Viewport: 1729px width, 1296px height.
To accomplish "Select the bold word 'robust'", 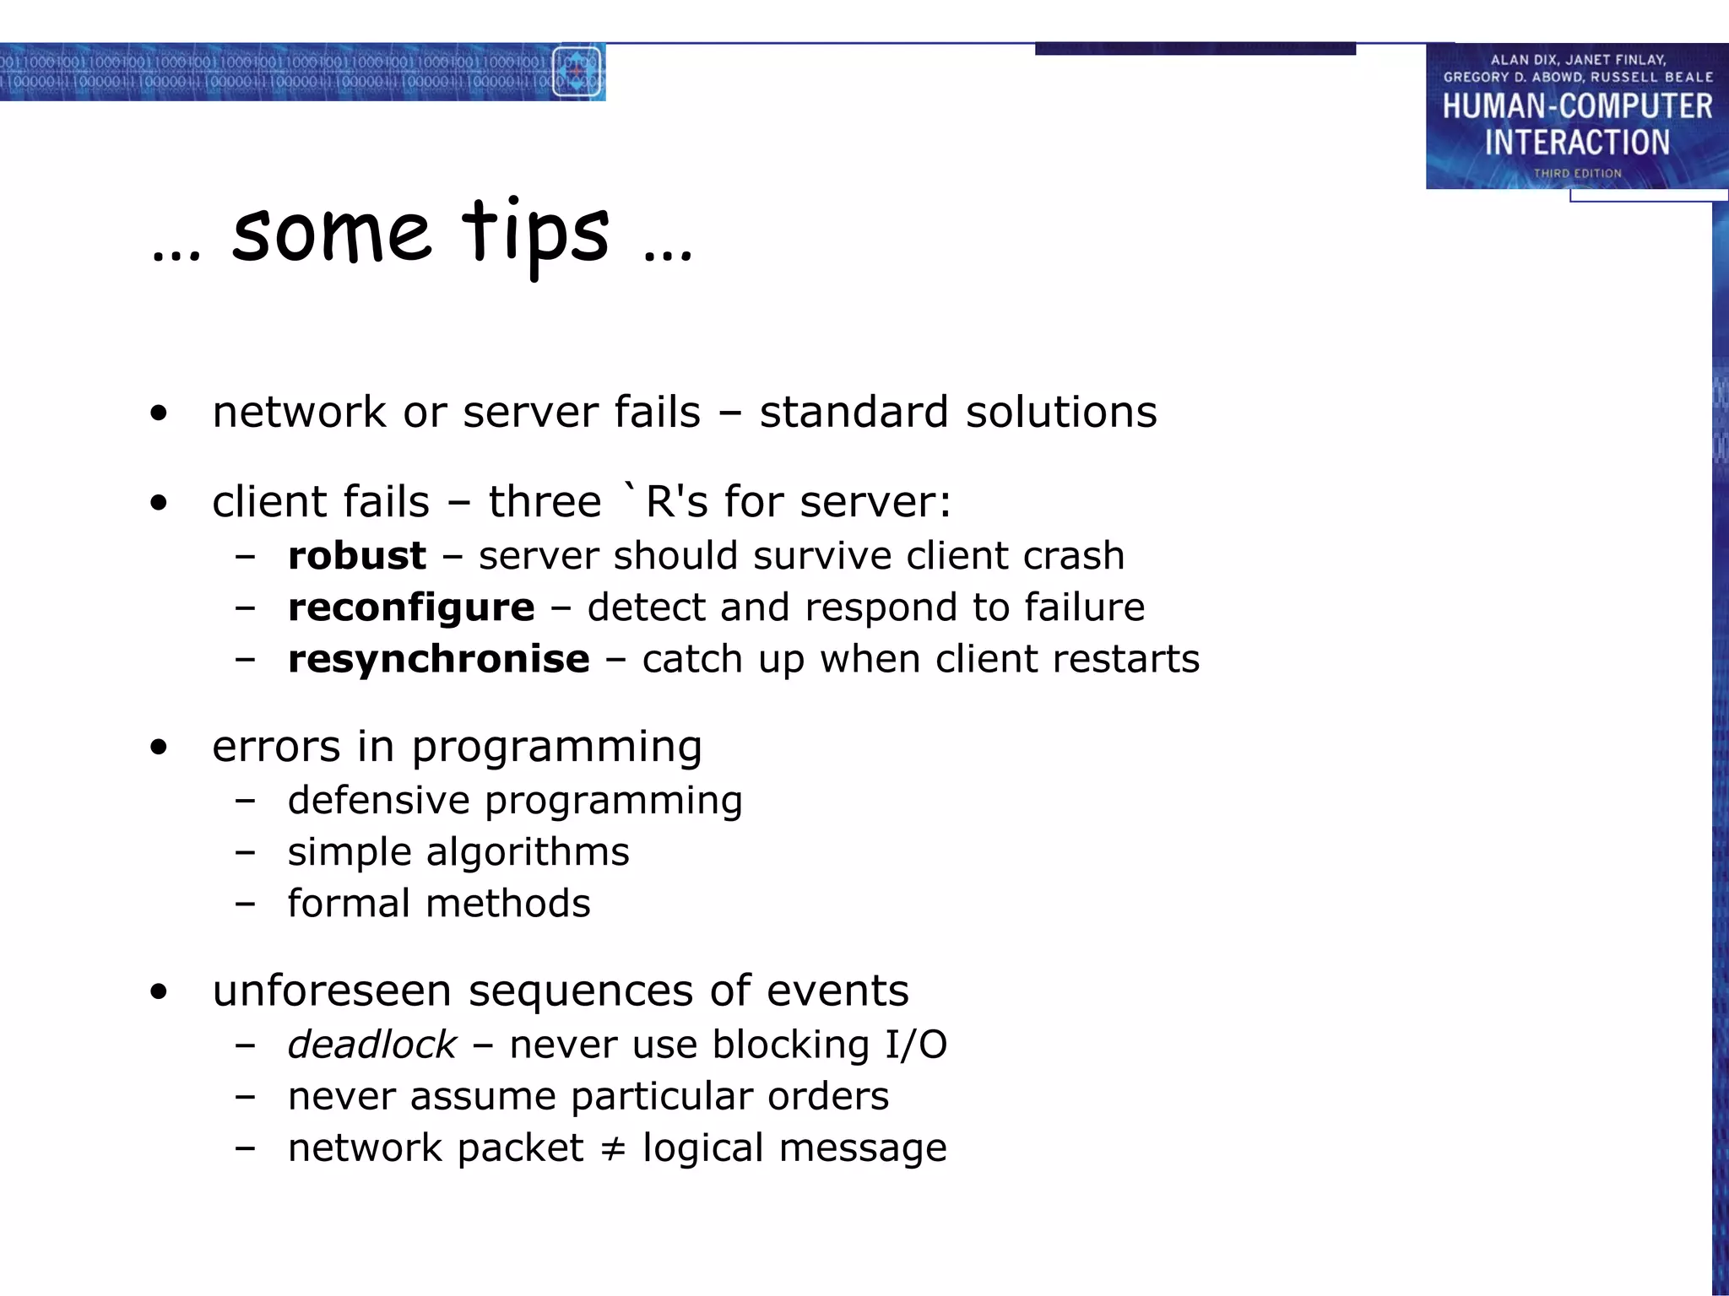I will tap(356, 556).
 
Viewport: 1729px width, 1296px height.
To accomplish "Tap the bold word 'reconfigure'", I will tap(411, 607).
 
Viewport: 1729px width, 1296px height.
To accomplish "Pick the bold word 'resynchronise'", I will tap(438, 659).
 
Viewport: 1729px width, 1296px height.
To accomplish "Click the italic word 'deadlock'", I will tap(371, 1045).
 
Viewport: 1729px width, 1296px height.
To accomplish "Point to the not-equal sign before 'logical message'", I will tap(613, 1149).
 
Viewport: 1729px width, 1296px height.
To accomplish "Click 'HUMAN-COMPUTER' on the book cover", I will tap(1577, 106).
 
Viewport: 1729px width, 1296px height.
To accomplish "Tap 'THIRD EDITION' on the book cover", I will tap(1577, 173).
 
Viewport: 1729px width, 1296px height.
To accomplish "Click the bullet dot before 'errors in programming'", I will tap(159, 748).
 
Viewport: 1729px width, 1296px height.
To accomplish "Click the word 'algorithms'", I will tap(528, 852).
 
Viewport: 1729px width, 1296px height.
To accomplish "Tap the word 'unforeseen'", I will tap(332, 991).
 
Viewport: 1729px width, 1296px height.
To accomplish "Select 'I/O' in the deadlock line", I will tap(916, 1045).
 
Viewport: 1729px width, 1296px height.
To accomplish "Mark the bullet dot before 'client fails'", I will tap(159, 504).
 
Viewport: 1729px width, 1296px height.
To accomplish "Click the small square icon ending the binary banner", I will tap(577, 73).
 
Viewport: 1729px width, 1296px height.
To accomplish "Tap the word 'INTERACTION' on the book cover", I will tap(1577, 143).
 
